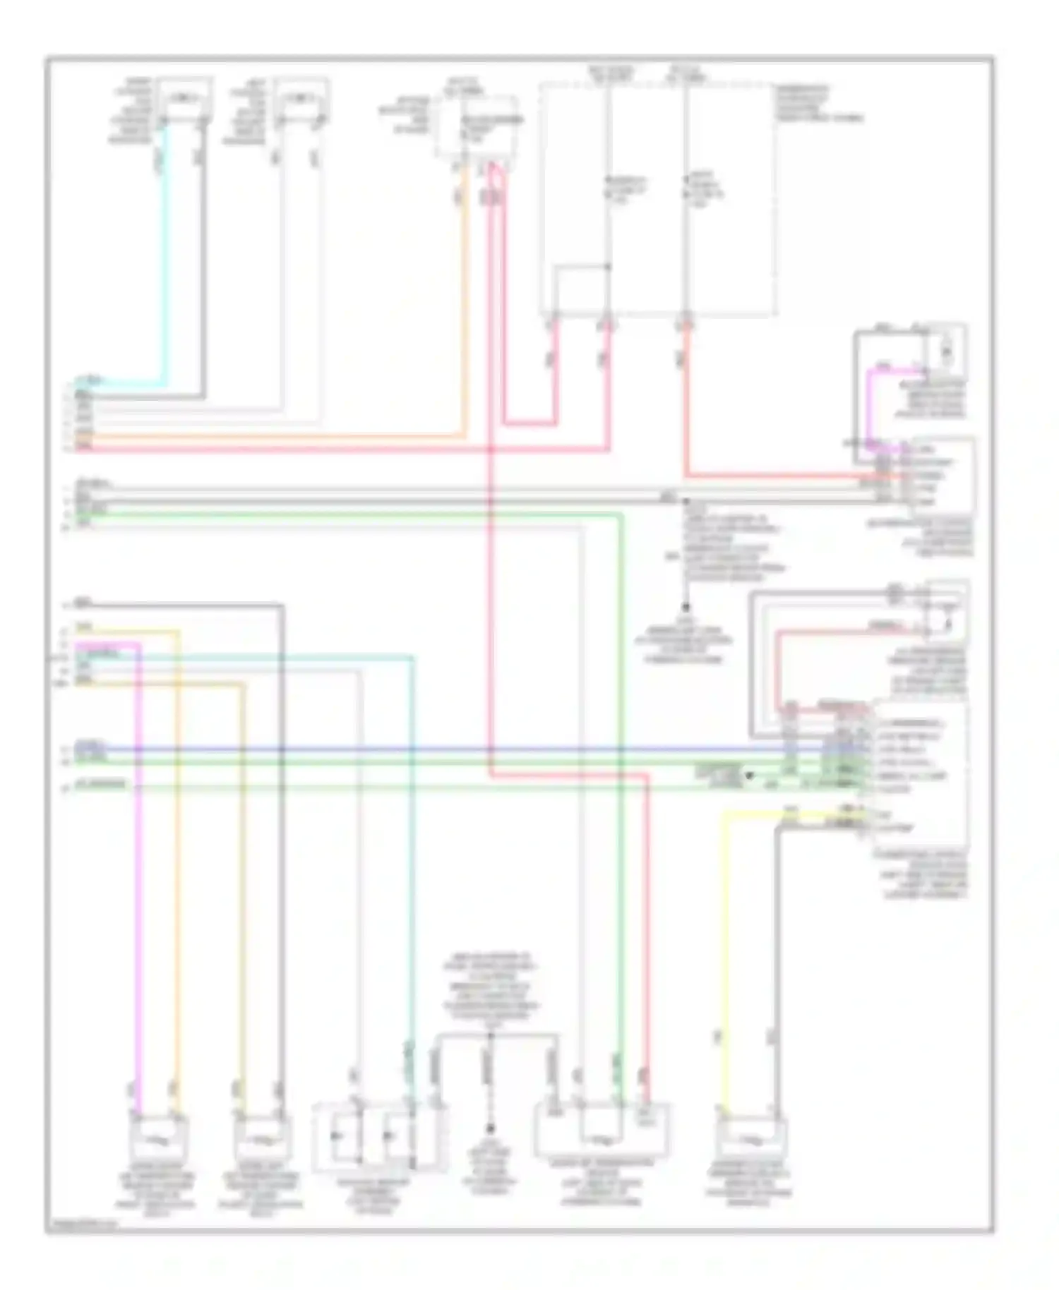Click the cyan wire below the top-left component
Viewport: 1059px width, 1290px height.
point(167,254)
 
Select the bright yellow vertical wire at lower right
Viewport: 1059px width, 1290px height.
point(721,953)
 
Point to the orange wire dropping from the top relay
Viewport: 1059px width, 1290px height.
point(464,296)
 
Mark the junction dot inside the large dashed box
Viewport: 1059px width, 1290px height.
point(608,267)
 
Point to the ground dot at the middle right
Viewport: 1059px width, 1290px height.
point(685,607)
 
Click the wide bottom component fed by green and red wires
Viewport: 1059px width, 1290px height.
point(604,1129)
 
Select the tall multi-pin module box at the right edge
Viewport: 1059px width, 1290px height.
point(921,776)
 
